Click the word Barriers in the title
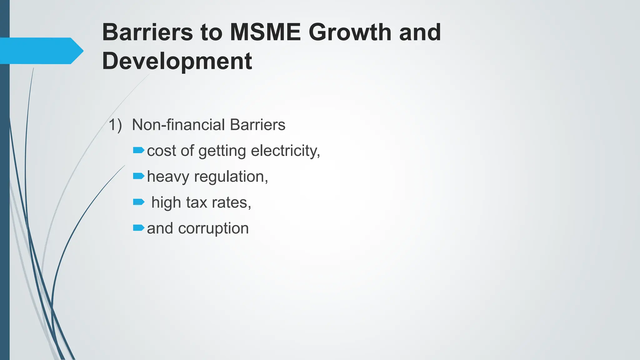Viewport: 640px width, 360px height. pos(148,32)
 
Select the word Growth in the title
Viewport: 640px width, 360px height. pos(350,32)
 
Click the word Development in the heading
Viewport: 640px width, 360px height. pos(177,61)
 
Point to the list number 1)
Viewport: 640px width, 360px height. pos(115,125)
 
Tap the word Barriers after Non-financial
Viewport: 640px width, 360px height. pos(257,125)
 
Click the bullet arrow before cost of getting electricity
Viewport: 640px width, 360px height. pos(138,151)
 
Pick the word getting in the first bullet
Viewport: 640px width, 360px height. pos(222,151)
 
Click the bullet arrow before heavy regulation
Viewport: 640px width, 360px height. pos(138,177)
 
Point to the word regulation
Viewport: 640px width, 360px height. pos(231,177)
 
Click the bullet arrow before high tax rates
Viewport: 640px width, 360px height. pos(138,202)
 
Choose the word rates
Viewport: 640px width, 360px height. pos(231,202)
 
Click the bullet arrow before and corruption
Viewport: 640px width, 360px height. pos(138,228)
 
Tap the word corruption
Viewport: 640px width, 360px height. pos(213,229)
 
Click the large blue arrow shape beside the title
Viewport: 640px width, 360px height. pos(41,51)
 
